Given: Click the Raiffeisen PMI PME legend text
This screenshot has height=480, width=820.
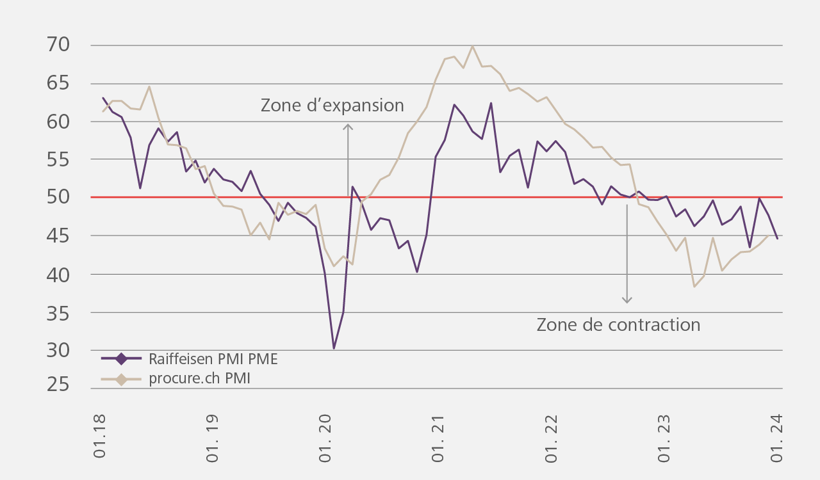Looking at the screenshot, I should (x=213, y=359).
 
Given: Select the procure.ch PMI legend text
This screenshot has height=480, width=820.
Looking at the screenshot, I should (x=199, y=378).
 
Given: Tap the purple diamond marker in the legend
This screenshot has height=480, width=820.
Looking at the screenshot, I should (x=122, y=359).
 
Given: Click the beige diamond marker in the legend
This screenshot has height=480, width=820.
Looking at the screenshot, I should (x=122, y=378).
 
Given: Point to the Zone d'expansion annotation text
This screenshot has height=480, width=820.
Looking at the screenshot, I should (x=332, y=106).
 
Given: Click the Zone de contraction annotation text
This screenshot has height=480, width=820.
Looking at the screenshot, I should (x=618, y=324).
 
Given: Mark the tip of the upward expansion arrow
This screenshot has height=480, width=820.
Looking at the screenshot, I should (x=348, y=125).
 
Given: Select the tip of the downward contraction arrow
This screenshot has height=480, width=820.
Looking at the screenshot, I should (x=627, y=303).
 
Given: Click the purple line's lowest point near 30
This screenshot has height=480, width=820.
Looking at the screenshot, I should (x=334, y=349).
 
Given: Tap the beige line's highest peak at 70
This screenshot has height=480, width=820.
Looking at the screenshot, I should (x=472, y=45).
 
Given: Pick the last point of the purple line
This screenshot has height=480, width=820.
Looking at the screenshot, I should (x=777, y=239).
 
